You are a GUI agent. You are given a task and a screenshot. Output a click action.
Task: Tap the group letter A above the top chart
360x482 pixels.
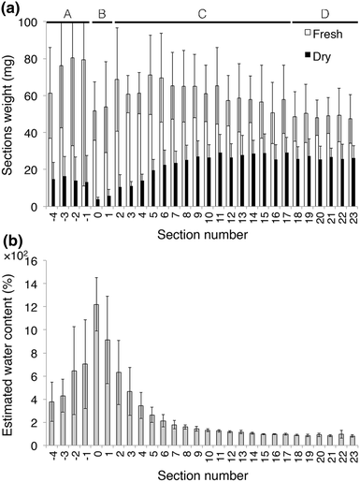67,12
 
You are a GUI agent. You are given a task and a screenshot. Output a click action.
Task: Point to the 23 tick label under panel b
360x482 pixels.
351,456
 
